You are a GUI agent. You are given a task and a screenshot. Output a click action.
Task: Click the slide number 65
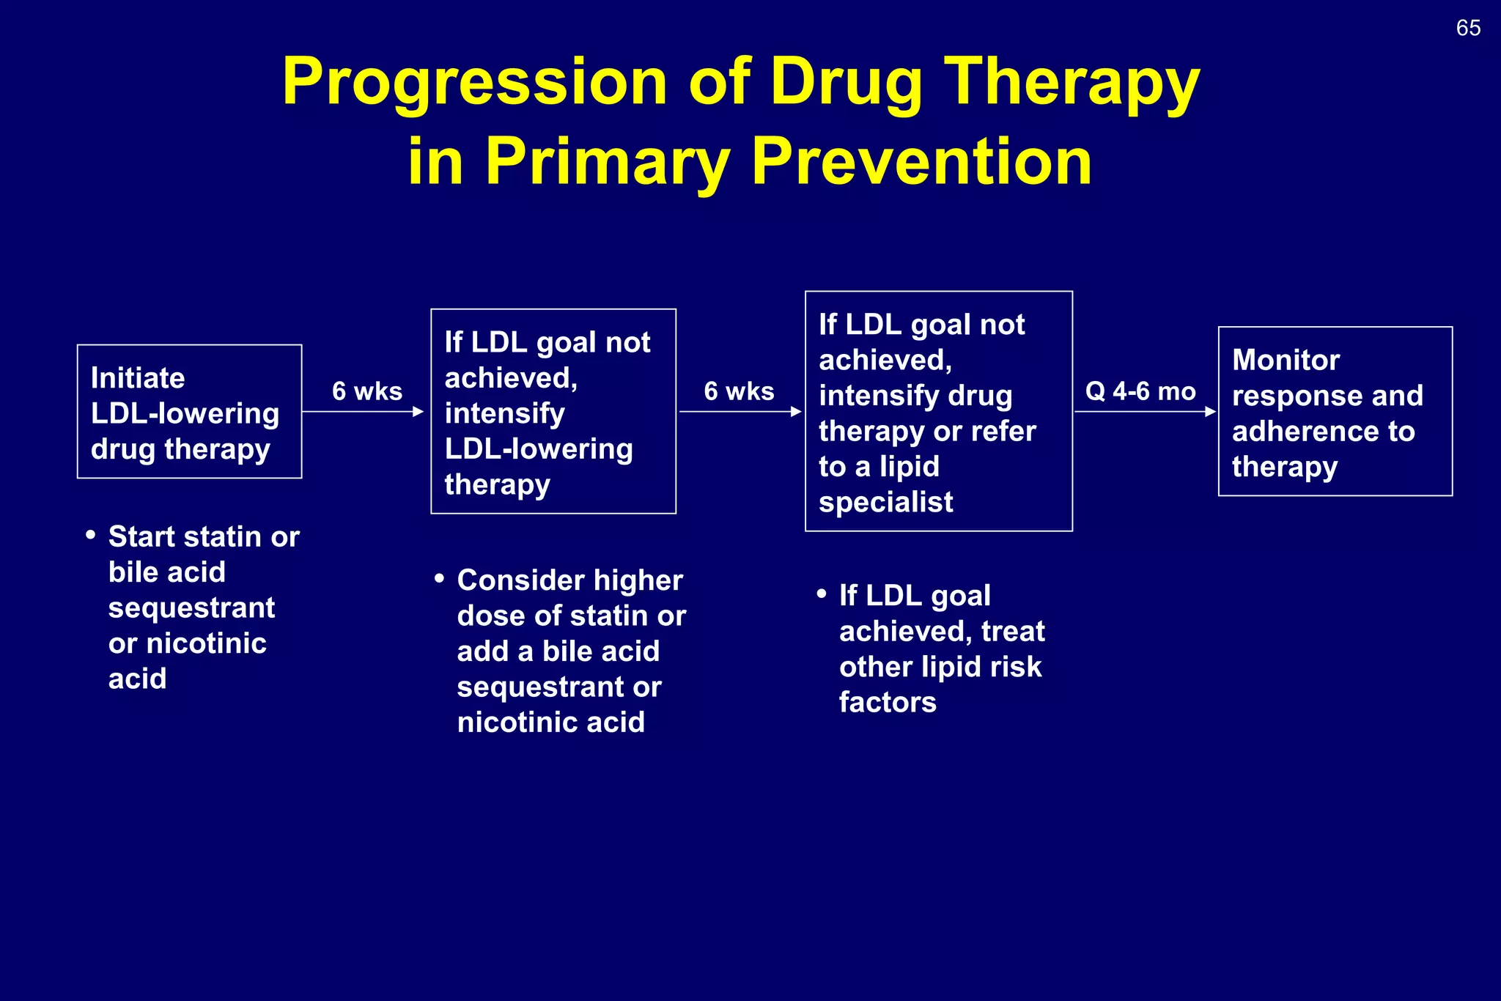pos(1468,28)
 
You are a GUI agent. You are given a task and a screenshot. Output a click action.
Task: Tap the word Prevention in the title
pos(921,162)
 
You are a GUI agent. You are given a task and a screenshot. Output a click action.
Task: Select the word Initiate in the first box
pos(138,378)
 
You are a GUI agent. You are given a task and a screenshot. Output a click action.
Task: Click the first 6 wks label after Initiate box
pos(367,391)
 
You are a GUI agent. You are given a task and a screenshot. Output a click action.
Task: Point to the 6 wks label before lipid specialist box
pos(739,391)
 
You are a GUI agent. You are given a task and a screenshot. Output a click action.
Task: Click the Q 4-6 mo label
pos(1140,391)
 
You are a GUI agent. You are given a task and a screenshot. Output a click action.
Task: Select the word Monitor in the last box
pos(1286,360)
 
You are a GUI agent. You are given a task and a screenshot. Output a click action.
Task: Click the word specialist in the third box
pos(885,503)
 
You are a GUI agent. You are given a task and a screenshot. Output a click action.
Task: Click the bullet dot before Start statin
pos(91,535)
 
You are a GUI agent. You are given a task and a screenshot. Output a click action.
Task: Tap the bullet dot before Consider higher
pos(439,579)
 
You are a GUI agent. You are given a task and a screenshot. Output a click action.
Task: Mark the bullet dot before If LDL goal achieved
pos(822,594)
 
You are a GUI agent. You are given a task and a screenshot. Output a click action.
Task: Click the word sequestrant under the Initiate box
pos(191,608)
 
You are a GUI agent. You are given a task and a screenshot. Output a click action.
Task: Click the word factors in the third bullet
pos(888,703)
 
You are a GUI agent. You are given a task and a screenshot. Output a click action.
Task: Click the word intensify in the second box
pos(504,414)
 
